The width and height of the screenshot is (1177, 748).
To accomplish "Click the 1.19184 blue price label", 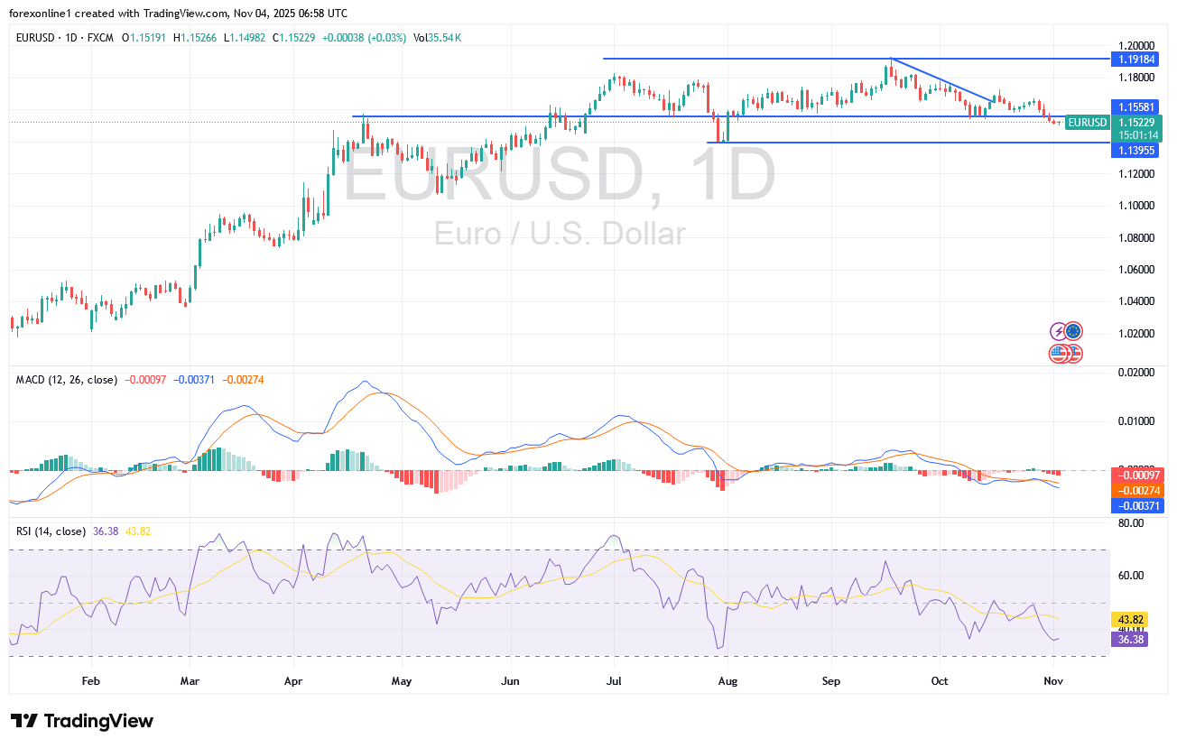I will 1135,59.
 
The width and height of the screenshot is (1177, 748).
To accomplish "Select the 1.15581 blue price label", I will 1135,106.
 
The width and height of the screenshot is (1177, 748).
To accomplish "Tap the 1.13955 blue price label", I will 1135,150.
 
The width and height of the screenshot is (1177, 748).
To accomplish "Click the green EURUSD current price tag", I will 1087,123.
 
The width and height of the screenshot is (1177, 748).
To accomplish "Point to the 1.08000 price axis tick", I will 1135,237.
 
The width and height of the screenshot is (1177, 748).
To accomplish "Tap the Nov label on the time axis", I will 1052,681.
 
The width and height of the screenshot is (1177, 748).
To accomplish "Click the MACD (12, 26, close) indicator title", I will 67,380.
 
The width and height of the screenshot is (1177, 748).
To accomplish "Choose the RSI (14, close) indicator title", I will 51,531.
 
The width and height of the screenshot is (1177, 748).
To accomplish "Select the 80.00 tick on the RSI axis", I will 1130,522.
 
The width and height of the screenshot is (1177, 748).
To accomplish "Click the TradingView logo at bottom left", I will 82,721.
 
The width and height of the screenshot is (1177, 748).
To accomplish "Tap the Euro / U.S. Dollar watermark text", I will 560,234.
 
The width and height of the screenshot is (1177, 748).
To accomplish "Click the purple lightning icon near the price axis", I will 1060,331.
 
